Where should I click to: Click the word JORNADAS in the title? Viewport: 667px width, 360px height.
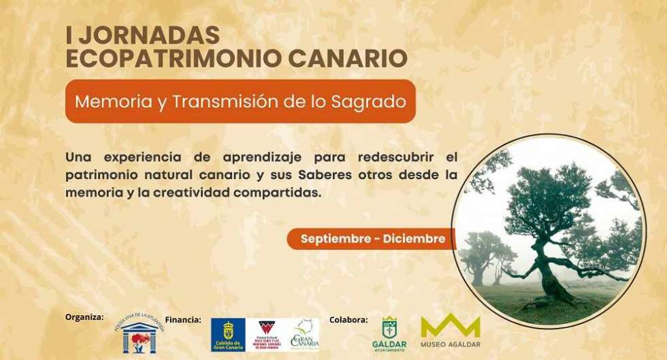[x=152, y=35]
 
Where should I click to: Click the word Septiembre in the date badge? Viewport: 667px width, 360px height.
[x=338, y=239]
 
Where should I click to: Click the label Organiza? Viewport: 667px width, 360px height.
[x=84, y=317]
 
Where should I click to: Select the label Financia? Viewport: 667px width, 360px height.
[x=183, y=319]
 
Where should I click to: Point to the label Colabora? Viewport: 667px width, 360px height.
[x=348, y=319]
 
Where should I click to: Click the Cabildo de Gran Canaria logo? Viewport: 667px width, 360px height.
[x=228, y=335]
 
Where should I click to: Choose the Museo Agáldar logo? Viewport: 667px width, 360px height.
[x=450, y=331]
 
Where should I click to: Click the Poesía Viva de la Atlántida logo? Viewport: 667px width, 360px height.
[x=139, y=333]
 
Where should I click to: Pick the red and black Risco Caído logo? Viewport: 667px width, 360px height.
[x=267, y=334]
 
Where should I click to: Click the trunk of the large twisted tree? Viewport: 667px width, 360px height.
[x=547, y=272]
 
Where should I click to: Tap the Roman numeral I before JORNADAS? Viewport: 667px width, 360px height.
[x=69, y=35]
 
